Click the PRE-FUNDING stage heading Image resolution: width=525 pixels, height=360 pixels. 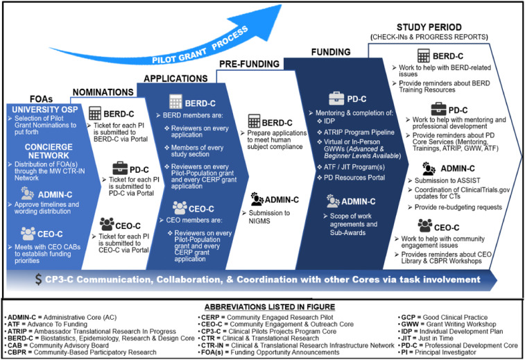pos(250,64)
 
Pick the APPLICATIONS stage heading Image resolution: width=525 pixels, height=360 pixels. pos(176,79)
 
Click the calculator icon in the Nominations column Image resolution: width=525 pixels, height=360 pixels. pos(95,114)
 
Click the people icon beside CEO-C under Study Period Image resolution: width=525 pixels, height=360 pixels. pos(425,226)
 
